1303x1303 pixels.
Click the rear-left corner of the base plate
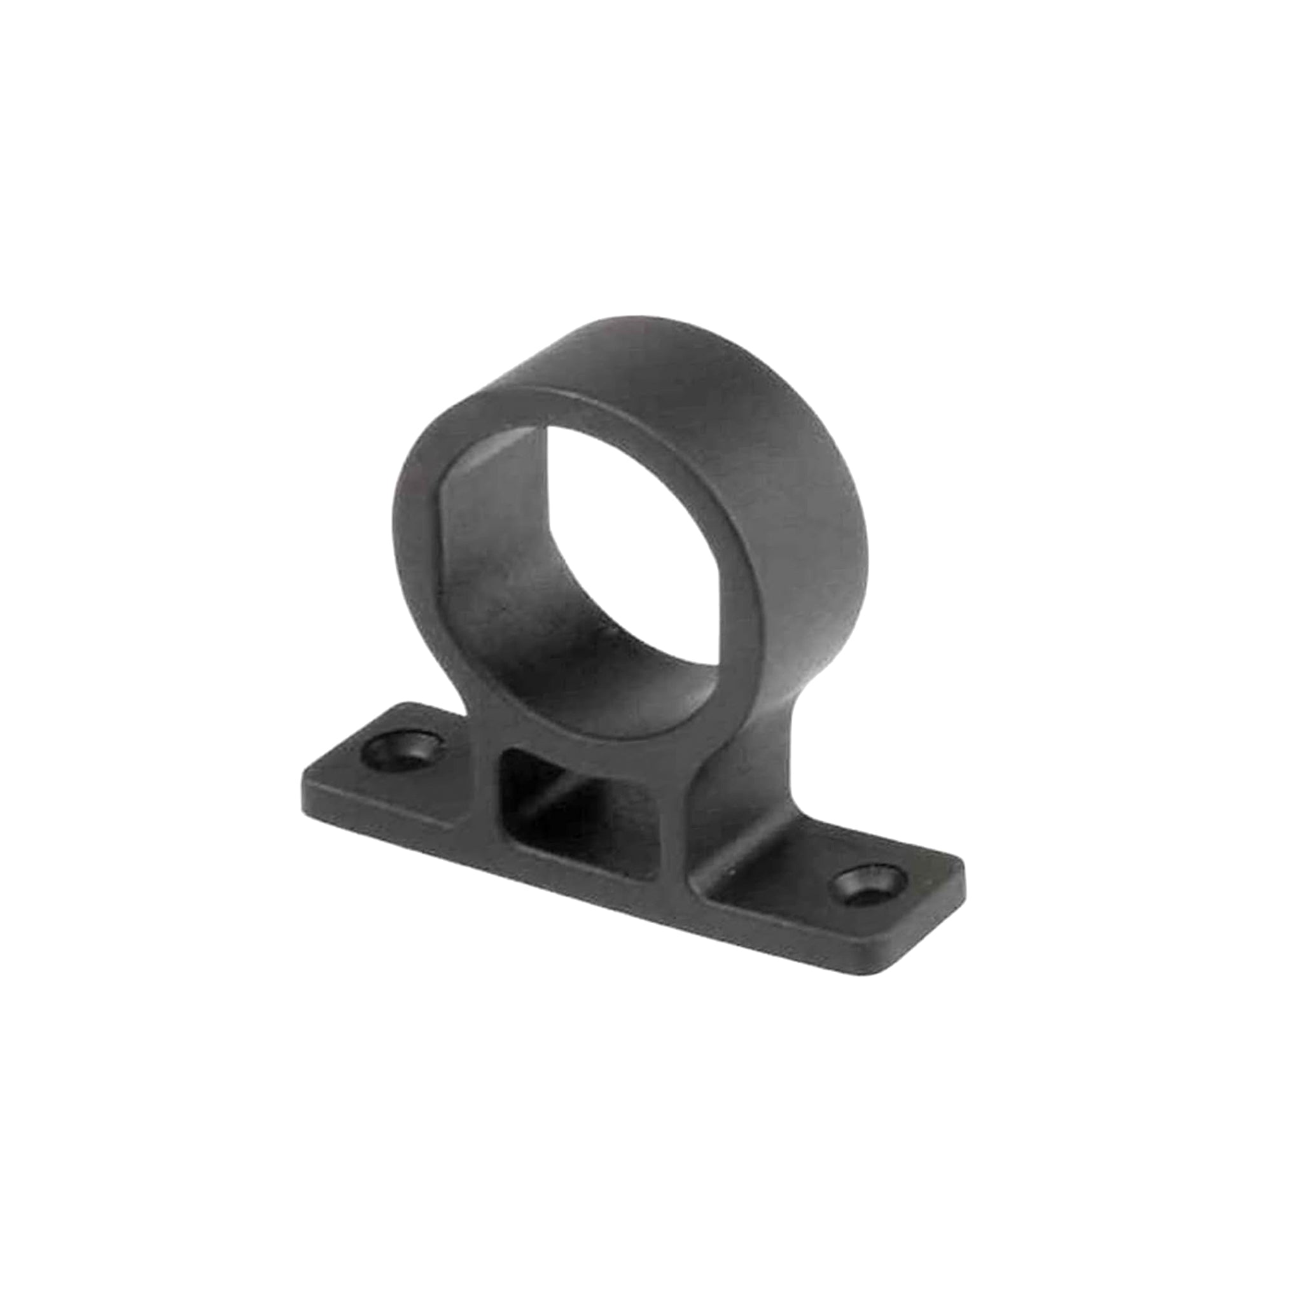pyautogui.click(x=398, y=705)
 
